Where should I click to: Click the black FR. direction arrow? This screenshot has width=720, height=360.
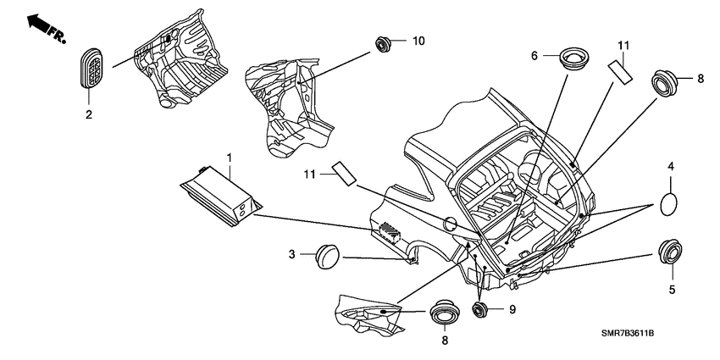[39, 24]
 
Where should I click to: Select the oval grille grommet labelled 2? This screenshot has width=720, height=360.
[91, 68]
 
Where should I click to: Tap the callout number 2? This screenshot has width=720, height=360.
[89, 114]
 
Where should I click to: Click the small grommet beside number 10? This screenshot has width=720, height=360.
[383, 43]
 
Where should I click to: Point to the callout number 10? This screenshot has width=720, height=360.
[418, 41]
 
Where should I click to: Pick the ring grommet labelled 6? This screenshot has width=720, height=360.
[574, 58]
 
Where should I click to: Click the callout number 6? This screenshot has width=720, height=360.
[534, 56]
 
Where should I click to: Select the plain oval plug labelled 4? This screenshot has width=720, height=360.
[669, 204]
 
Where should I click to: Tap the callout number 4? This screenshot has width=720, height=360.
[671, 167]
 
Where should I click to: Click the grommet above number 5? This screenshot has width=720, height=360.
[672, 252]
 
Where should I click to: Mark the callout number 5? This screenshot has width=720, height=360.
[672, 290]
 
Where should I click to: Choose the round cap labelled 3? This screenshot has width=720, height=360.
[327, 256]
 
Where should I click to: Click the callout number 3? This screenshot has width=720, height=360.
[291, 254]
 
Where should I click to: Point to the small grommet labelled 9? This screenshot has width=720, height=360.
[480, 308]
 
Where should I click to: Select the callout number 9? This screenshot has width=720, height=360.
[512, 309]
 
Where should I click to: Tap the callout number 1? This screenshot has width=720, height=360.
[230, 158]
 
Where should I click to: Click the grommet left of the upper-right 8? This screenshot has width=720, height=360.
[664, 83]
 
